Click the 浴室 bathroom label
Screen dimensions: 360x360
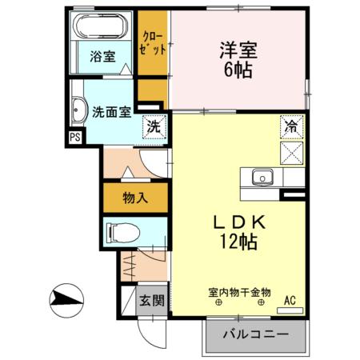coord(102,57)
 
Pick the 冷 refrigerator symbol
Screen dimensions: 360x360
coord(290,126)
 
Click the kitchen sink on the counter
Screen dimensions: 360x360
coord(261,178)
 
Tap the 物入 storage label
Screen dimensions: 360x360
coord(135,197)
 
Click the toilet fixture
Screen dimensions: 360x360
coord(122,233)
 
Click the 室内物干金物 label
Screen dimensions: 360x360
coord(239,293)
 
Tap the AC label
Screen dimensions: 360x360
coord(290,301)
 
